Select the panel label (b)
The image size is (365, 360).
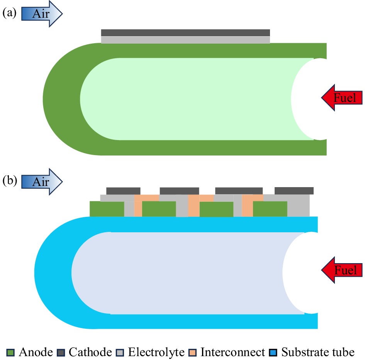coord(9,180)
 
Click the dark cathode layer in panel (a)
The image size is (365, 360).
coord(185,33)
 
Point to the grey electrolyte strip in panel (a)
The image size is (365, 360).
coord(185,40)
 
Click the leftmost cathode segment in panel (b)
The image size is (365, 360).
coord(123,191)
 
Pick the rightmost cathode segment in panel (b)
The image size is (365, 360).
coord(294,191)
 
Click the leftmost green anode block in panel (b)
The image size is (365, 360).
coord(107,209)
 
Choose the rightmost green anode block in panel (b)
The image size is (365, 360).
coord(270,209)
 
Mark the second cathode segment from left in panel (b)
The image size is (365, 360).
coord(179,191)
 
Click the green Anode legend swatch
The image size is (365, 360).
coord(10,352)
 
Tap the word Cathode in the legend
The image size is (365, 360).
coord(90,352)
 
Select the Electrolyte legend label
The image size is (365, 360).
coord(156,352)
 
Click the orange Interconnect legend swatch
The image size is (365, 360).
coord(192,352)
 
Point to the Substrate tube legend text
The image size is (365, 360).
coord(317,352)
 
